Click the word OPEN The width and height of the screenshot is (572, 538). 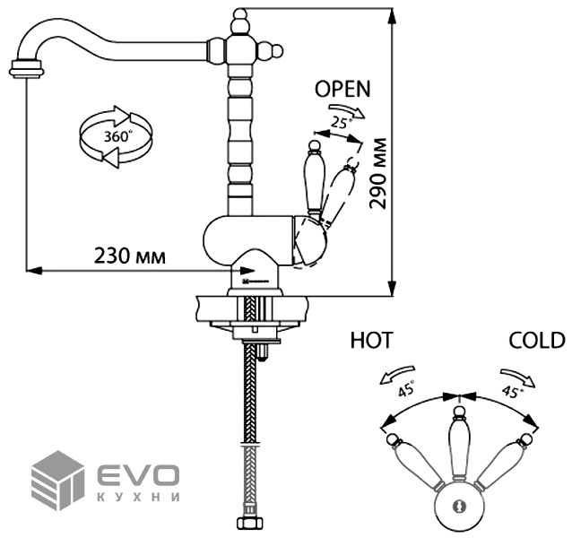(x=342, y=88)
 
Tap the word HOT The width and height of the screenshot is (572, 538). (x=371, y=340)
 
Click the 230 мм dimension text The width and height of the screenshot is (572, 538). (x=130, y=256)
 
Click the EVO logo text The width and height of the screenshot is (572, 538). (x=135, y=473)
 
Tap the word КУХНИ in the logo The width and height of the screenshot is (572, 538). (x=136, y=496)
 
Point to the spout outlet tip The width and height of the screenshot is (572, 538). (x=27, y=68)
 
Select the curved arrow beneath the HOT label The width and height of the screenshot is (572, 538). (x=396, y=369)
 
